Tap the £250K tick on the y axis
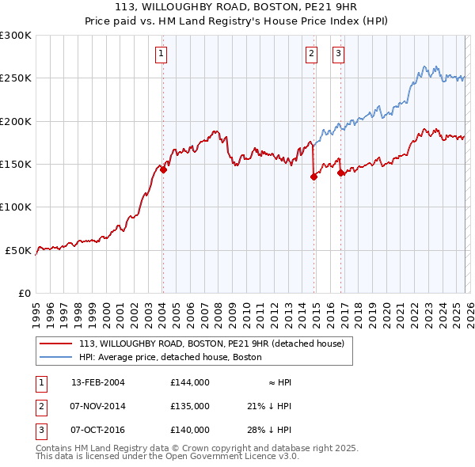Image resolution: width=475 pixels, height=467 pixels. coord(16,78)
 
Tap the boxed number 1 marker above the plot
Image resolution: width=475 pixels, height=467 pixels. coord(161,54)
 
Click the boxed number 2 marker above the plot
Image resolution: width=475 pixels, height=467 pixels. coord(312,54)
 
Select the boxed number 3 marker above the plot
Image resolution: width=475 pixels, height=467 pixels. coord(339,54)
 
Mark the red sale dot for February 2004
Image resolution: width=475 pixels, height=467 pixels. coord(163,169)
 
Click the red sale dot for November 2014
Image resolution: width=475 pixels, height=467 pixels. coord(313,177)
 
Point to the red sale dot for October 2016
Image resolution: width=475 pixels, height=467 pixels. coord(340,173)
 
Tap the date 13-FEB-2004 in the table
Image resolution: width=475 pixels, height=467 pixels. coord(98,382)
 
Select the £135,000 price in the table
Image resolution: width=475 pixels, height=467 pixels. coord(190,406)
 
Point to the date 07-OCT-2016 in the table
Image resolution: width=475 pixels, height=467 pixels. coord(98,430)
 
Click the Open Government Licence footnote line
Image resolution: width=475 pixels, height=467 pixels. coord(168,456)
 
